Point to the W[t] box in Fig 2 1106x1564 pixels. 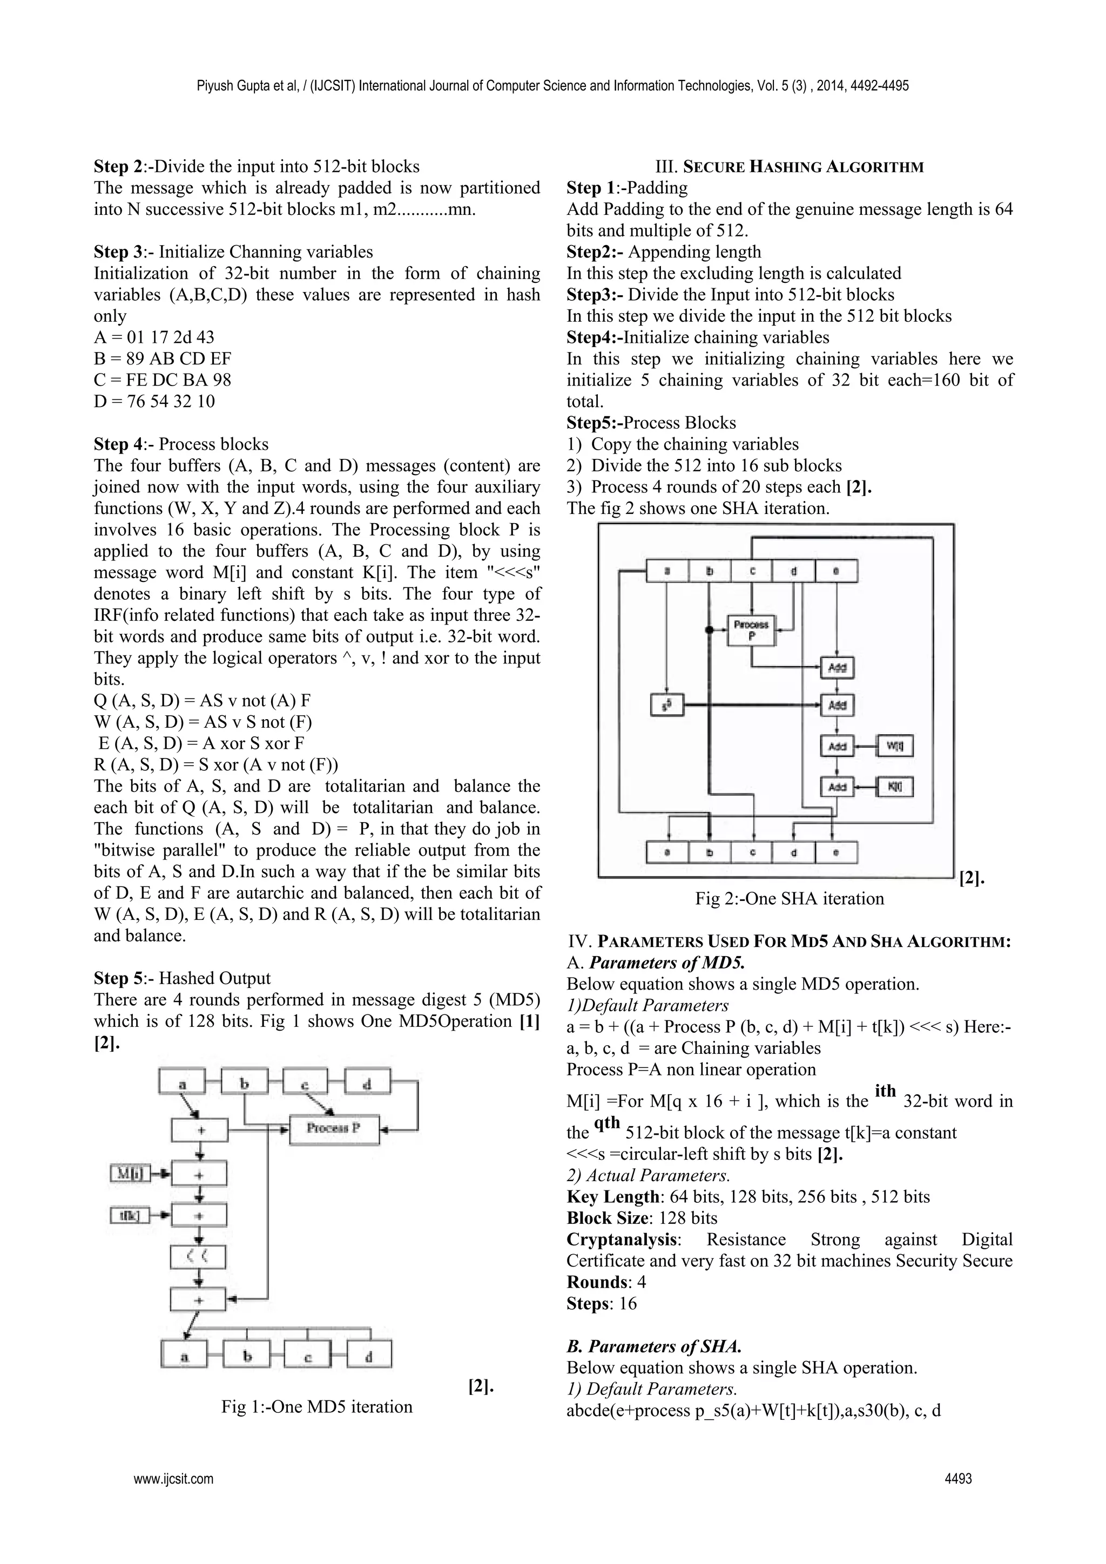[x=895, y=746]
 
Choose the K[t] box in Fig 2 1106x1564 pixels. [x=895, y=787]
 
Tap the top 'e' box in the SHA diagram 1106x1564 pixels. [x=836, y=571]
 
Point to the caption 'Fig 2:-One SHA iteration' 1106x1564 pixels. [x=789, y=898]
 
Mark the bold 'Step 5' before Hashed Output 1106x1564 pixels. [x=119, y=978]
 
